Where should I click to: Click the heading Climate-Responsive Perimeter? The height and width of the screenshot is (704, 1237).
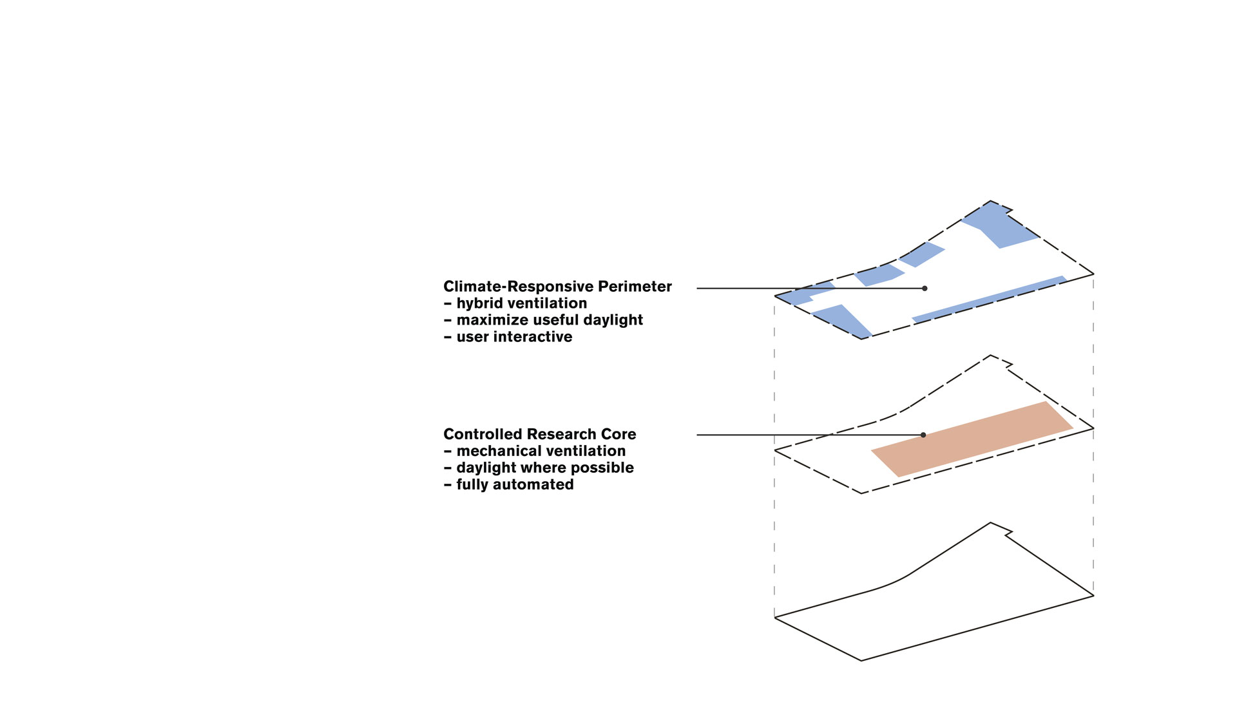pyautogui.click(x=557, y=287)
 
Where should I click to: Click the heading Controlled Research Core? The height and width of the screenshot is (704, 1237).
pyautogui.click(x=539, y=434)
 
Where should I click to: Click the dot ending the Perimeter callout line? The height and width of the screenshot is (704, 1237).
pyautogui.click(x=925, y=289)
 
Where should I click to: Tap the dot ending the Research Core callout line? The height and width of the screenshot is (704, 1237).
pyautogui.click(x=923, y=435)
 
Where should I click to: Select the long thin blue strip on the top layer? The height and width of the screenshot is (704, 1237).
pyautogui.click(x=989, y=299)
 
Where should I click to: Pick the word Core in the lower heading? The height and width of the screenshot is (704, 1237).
pyautogui.click(x=618, y=434)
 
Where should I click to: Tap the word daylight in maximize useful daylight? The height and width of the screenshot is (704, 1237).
pyautogui.click(x=613, y=320)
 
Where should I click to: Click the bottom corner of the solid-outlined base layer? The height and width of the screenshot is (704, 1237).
pyautogui.click(x=861, y=660)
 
